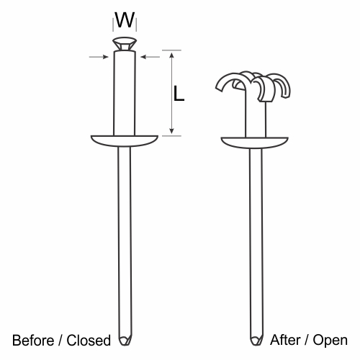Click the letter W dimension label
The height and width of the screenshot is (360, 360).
pos(125,19)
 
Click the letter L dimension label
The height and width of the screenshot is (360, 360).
pos(179,93)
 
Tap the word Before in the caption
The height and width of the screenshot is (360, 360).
pos(33,341)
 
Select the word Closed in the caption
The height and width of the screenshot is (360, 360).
pos(89,341)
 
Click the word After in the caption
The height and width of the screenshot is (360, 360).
pos(285,340)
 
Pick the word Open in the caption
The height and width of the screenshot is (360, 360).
pos(330,341)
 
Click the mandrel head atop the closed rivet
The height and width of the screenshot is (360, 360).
pos(125,44)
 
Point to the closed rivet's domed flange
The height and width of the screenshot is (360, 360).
pos(125,141)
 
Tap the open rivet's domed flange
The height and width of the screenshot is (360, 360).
pos(254,143)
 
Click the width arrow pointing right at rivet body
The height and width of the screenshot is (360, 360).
pos(99,57)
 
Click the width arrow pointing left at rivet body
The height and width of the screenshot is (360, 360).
pos(150,57)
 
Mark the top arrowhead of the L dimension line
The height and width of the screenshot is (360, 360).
pos(171,55)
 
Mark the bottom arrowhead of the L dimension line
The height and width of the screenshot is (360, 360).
pos(171,131)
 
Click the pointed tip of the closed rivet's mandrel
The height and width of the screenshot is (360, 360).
pos(125,345)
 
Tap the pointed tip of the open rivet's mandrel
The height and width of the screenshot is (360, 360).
pos(256,345)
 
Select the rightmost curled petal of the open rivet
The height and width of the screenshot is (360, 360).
pos(283,84)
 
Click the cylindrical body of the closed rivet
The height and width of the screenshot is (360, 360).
pos(125,93)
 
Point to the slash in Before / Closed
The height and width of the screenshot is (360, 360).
pos(60,341)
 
